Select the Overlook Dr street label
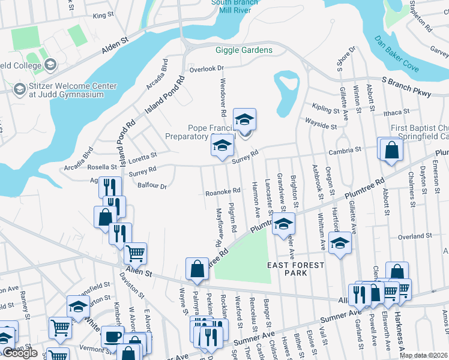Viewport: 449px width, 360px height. tap(206, 69)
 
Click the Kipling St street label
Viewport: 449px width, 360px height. tap(326, 108)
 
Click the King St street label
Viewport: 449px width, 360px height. tap(103, 14)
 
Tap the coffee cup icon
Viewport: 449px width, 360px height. tap(113, 337)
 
